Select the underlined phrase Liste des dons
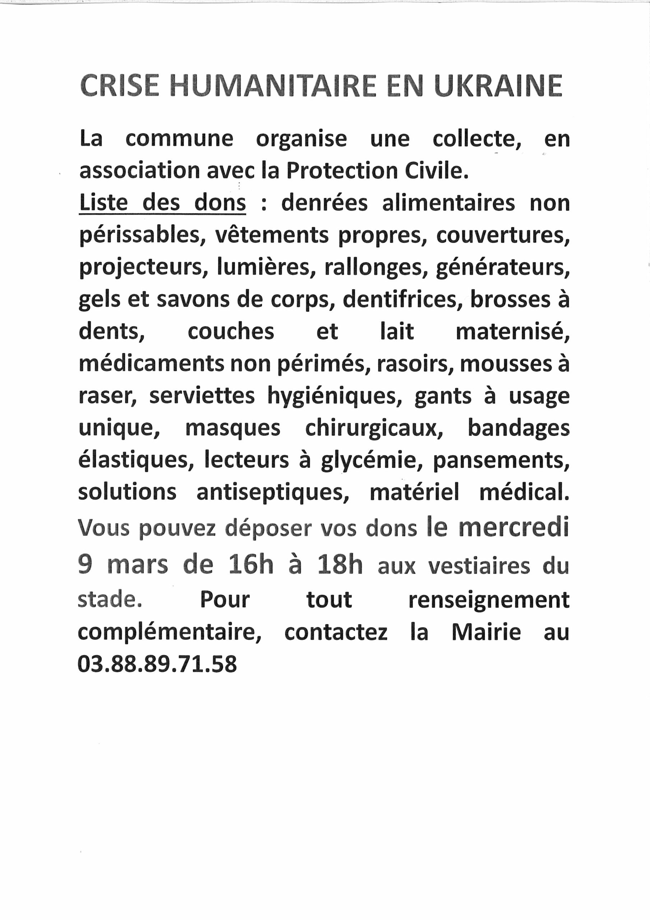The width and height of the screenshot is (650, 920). pyautogui.click(x=162, y=203)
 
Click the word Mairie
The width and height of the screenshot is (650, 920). pyautogui.click(x=486, y=632)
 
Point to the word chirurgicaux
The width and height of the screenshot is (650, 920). pyautogui.click(x=374, y=428)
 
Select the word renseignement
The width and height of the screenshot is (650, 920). pyautogui.click(x=489, y=600)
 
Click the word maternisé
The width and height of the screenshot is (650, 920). pyautogui.click(x=512, y=332)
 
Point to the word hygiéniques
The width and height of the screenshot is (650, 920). pyautogui.click(x=334, y=397)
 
